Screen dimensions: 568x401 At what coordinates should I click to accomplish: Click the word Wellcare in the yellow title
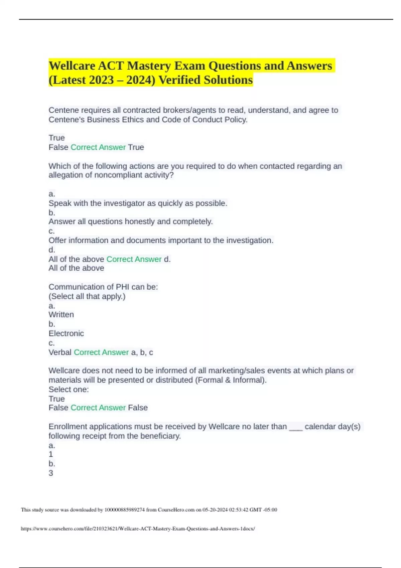click(72, 66)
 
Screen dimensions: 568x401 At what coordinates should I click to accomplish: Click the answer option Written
click(61, 314)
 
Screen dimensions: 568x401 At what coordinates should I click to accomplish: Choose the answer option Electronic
click(66, 333)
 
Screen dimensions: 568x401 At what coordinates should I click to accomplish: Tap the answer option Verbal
click(60, 352)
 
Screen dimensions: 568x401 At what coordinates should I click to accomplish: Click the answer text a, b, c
click(142, 352)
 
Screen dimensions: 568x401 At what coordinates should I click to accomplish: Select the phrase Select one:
click(69, 389)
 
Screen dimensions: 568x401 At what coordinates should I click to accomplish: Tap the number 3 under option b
click(51, 473)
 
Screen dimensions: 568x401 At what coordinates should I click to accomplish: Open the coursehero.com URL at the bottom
click(138, 529)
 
